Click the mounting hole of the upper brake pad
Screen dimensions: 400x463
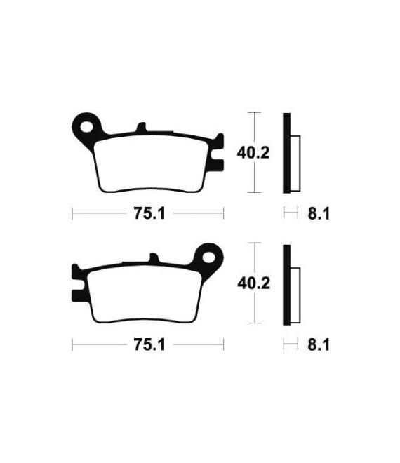coord(86,127)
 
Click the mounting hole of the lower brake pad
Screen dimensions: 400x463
coord(209,257)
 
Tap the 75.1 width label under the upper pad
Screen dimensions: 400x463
coord(149,213)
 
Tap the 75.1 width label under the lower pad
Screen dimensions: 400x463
coord(149,344)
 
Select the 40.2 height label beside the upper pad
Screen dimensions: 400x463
coord(253,153)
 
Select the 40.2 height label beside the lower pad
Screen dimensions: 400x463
coord(254,284)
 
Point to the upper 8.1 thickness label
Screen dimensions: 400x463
coord(319,213)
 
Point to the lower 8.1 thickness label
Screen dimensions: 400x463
coord(319,345)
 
